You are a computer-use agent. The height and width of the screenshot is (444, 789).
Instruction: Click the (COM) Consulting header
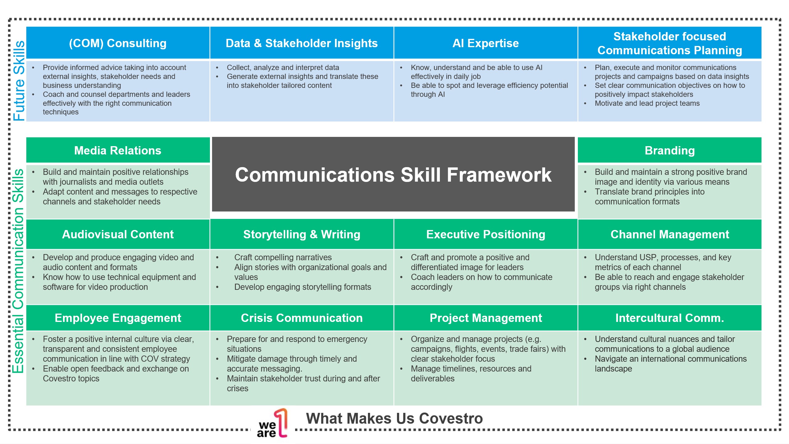coord(118,43)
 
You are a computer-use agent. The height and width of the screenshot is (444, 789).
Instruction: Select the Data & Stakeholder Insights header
coord(302,43)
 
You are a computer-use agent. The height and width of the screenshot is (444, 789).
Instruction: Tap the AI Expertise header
coord(486,43)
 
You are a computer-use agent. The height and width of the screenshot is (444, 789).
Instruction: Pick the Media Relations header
coord(118,150)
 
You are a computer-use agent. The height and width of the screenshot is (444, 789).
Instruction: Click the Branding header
coord(670,150)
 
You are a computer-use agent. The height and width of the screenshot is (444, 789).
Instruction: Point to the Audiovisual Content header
coord(118,234)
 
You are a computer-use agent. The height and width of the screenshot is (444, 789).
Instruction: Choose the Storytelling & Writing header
coord(302,234)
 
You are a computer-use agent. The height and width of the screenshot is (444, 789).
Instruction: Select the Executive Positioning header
coord(486,234)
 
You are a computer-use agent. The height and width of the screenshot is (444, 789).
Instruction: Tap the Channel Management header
coord(670,234)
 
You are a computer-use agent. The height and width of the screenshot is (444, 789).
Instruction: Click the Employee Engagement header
coord(118,318)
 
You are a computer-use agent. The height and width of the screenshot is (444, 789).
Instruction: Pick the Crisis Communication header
coord(302,318)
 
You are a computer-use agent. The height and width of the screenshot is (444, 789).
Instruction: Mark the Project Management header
coord(486,318)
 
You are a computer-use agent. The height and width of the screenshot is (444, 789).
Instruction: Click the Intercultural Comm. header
coord(670,318)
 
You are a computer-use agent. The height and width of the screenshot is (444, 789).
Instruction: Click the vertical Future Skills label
coord(19,80)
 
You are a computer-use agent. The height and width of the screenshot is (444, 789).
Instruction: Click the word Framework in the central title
coord(499,175)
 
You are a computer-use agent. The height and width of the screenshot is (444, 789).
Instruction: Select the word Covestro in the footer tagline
coord(451,418)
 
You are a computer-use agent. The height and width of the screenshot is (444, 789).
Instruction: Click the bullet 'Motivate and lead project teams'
coord(647,103)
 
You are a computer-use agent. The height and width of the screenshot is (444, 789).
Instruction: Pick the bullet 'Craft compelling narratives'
coord(283,257)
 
